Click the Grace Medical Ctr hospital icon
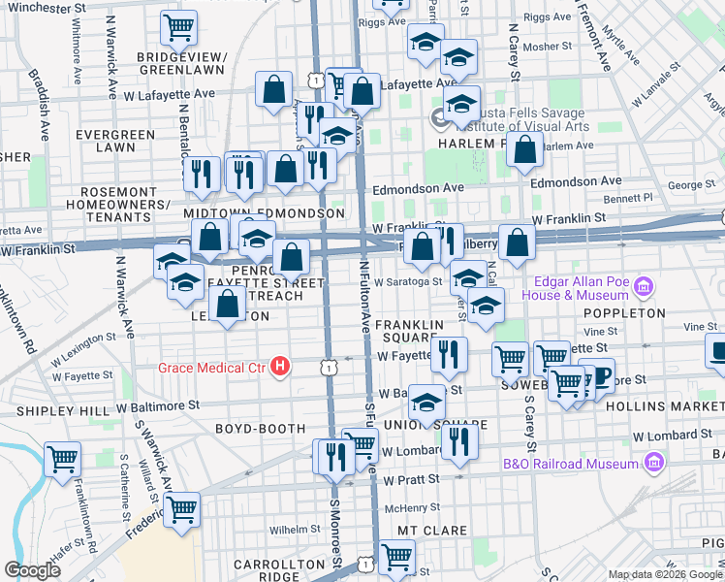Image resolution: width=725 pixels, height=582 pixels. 280,366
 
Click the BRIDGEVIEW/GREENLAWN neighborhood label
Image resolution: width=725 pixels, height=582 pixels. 181,63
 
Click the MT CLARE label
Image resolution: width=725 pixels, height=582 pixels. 432,531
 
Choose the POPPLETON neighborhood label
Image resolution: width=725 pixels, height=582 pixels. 625,313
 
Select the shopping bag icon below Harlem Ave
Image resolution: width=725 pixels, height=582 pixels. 524,150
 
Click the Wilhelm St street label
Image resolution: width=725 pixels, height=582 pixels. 288,530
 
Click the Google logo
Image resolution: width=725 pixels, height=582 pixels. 32,570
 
